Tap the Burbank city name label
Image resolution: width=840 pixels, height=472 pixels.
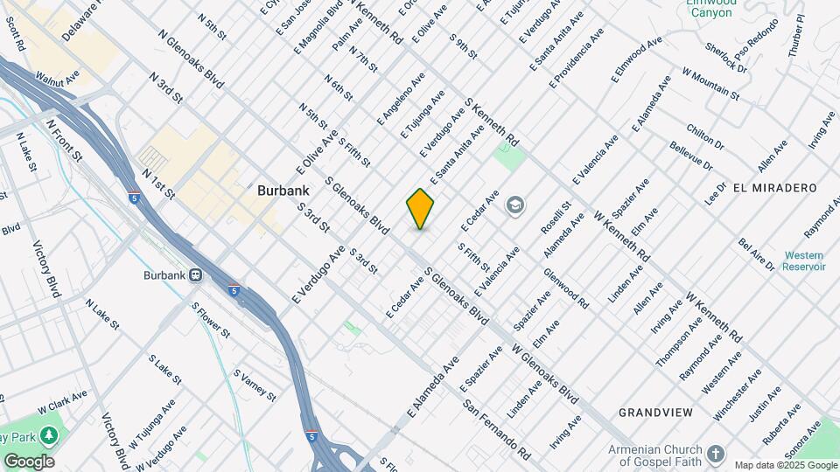[281, 190]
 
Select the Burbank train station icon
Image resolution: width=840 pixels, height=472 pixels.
[197, 274]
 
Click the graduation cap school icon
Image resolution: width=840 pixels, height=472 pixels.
[515, 206]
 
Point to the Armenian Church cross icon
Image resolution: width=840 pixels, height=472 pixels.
[716, 454]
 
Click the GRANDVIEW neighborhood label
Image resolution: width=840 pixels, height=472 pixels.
[655, 412]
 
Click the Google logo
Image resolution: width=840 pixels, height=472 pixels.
[28, 461]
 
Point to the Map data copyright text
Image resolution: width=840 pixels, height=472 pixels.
[785, 465]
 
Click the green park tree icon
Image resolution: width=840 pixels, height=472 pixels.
[50, 434]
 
